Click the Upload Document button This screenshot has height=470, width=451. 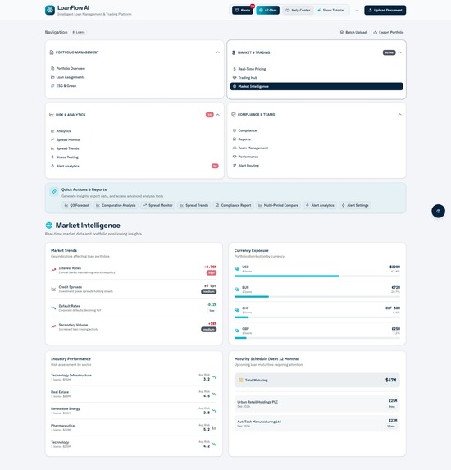point(385,11)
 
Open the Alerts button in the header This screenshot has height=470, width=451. point(244,11)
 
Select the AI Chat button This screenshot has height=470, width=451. point(268,11)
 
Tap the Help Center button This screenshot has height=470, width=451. point(298,11)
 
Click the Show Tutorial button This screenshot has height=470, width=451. point(330,11)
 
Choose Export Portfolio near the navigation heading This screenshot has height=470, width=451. point(388,32)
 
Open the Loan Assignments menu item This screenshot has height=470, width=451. point(71,77)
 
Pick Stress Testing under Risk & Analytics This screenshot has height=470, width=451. point(67,157)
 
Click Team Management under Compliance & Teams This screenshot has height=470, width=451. point(253,148)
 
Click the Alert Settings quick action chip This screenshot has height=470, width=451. point(355,205)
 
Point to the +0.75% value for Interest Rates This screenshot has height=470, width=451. point(210,267)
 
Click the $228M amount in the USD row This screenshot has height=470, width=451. point(394,267)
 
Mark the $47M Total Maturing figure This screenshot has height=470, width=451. point(390,380)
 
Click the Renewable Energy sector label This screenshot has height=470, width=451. point(66,408)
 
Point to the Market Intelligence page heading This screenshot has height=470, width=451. point(89,225)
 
